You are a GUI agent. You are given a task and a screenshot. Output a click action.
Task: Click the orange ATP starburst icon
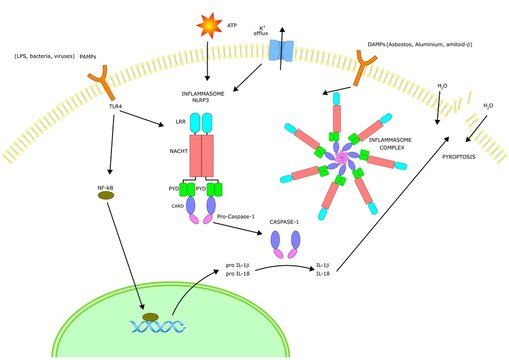(x=207, y=23)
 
